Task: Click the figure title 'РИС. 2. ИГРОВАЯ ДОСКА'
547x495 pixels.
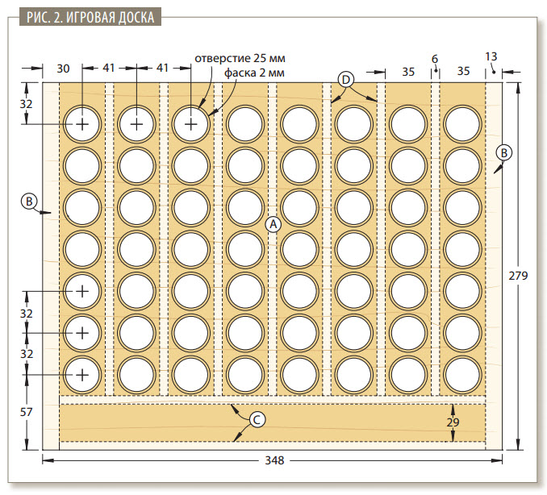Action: point(90,17)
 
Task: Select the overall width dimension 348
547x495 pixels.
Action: point(274,460)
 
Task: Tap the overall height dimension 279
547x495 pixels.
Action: point(518,276)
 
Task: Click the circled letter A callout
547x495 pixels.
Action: point(273,224)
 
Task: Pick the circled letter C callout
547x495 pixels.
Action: point(257,420)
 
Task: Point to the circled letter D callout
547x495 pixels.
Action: point(346,80)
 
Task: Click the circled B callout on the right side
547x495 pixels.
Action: point(504,152)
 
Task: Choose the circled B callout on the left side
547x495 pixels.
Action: point(29,201)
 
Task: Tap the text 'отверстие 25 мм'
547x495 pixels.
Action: point(240,58)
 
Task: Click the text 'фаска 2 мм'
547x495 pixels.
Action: point(254,73)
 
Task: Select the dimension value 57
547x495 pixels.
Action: point(26,412)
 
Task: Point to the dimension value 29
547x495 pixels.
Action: point(453,422)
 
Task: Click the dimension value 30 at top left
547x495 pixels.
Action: point(63,69)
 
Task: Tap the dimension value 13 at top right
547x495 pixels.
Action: point(491,56)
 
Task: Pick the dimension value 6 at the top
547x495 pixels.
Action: point(435,59)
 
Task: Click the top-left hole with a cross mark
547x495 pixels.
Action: point(82,124)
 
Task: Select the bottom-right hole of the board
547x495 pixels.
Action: point(462,375)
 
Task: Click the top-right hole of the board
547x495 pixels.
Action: point(462,124)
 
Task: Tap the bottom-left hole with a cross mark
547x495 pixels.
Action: point(82,375)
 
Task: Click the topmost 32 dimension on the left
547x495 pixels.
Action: point(26,103)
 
